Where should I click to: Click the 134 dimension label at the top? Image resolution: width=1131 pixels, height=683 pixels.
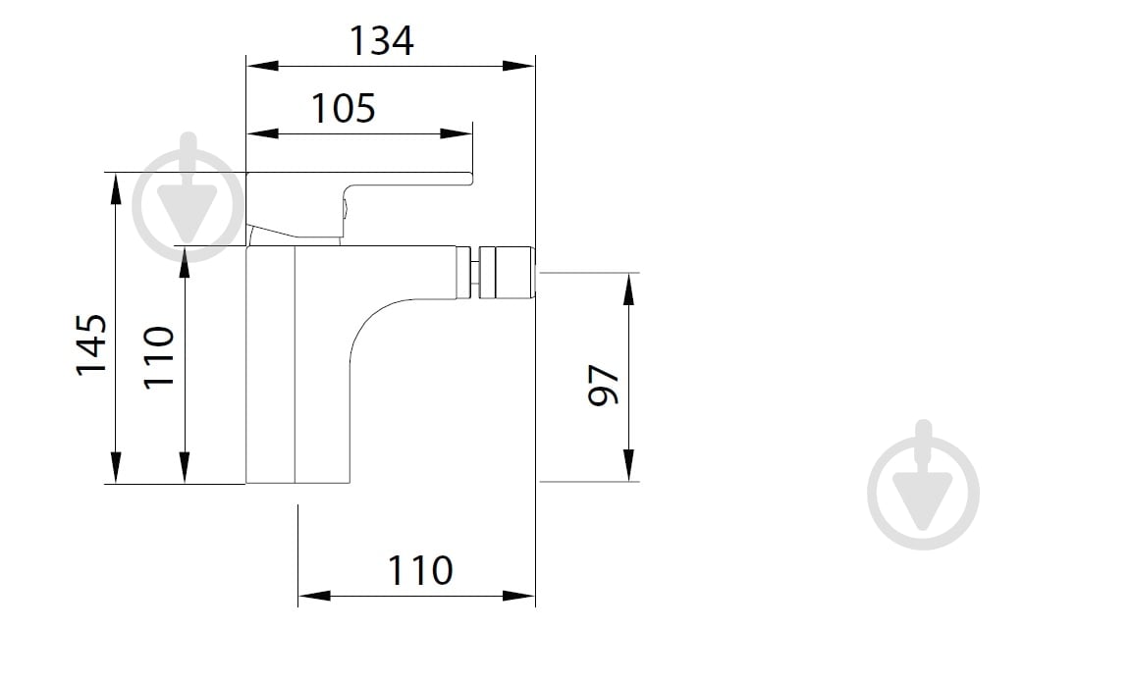[382, 41]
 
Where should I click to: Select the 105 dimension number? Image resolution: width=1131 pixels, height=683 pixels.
[343, 108]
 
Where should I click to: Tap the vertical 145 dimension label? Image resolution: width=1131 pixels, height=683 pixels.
[91, 343]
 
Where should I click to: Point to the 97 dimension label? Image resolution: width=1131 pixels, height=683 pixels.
[603, 385]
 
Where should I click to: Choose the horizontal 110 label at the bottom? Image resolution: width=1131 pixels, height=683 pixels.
[419, 570]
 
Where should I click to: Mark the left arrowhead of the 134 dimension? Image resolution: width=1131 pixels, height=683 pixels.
[261, 66]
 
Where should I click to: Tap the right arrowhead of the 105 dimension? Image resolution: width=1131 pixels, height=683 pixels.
[457, 133]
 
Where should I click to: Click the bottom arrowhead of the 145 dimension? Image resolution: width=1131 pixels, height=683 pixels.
[116, 467]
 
